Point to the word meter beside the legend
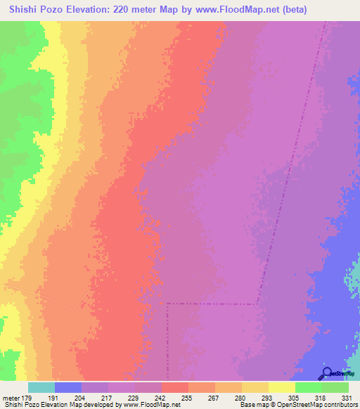[11, 397]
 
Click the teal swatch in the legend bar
[41, 387]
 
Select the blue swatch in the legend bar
[68, 387]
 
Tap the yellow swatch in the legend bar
[282, 387]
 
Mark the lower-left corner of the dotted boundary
[167, 304]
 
